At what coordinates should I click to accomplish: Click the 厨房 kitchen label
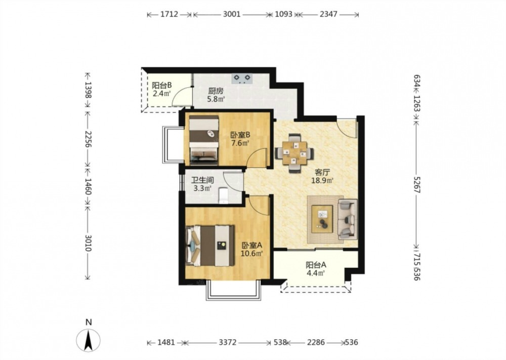[x=216, y=91]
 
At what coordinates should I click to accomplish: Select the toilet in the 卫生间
[x=223, y=195]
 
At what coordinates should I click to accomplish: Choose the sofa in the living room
[x=348, y=219]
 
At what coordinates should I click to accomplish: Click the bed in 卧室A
[x=210, y=246]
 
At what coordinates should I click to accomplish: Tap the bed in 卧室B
[x=203, y=139]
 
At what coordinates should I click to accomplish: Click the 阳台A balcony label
[x=316, y=265]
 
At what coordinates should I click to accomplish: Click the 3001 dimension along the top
[x=232, y=14]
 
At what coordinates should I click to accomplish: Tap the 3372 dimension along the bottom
[x=228, y=342]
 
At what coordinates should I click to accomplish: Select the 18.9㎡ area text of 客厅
[x=322, y=180]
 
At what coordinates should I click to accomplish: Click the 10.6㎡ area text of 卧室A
[x=251, y=254]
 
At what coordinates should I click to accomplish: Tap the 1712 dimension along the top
[x=169, y=14]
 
